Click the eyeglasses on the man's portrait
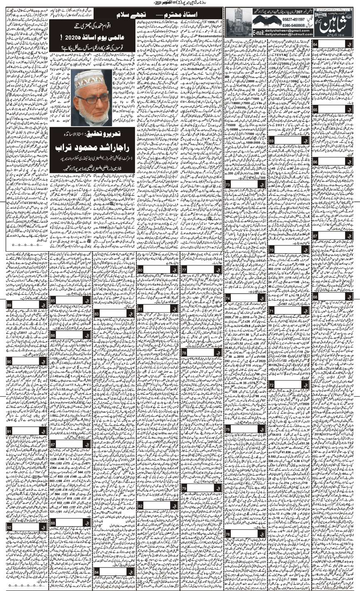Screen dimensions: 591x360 92,99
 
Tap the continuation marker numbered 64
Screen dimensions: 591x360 316,45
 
